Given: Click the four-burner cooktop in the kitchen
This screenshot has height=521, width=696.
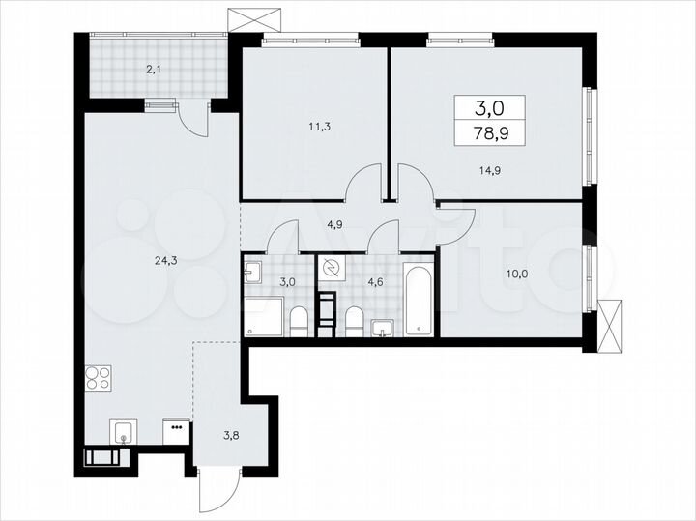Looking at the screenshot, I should pyautogui.click(x=99, y=376).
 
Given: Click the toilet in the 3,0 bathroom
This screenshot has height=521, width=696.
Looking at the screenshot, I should pyautogui.click(x=299, y=320).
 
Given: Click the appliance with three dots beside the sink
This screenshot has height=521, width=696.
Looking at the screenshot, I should pyautogui.click(x=177, y=431).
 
